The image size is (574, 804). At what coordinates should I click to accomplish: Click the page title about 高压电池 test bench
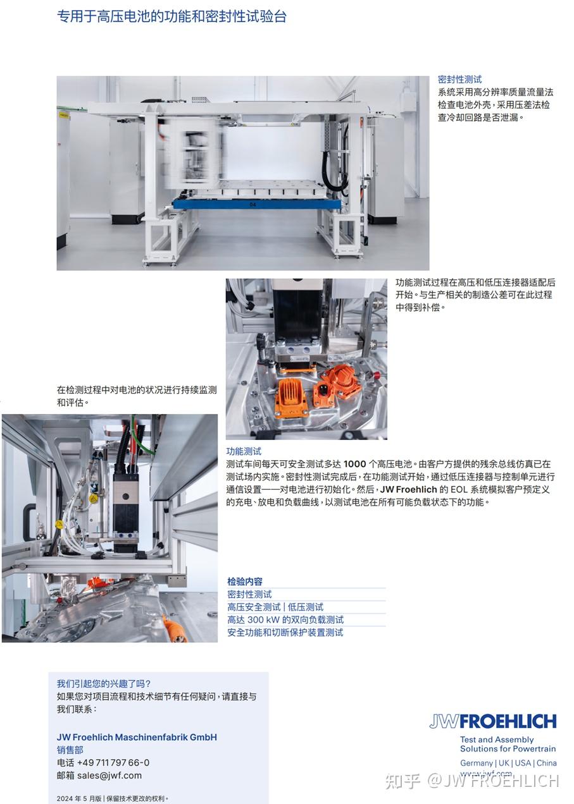[x=172, y=17]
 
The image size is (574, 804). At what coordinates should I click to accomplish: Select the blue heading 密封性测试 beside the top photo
[x=459, y=80]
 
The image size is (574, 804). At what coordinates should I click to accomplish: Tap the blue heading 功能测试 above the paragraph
[x=244, y=451]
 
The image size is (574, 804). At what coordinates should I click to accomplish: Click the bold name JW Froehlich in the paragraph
[x=408, y=489]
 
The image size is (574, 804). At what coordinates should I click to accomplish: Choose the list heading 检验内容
[x=245, y=582]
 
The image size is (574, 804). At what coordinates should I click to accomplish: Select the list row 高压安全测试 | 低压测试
[x=275, y=607]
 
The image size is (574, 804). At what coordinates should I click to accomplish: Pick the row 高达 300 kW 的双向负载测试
[x=285, y=619]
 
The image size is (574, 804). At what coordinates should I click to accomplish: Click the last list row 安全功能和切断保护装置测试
[x=285, y=632]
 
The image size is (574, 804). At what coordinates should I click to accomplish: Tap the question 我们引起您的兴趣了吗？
[x=104, y=683]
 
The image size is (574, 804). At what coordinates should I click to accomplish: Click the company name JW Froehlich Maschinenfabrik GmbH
[x=137, y=737]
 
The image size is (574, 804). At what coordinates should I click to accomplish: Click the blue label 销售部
[x=70, y=750]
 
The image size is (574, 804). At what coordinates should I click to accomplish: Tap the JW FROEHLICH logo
[x=492, y=721]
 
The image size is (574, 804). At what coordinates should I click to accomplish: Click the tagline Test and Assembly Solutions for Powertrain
[x=508, y=744]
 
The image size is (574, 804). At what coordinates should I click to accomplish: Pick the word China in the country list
[x=547, y=763]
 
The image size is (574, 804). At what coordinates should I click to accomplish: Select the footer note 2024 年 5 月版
[x=79, y=798]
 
